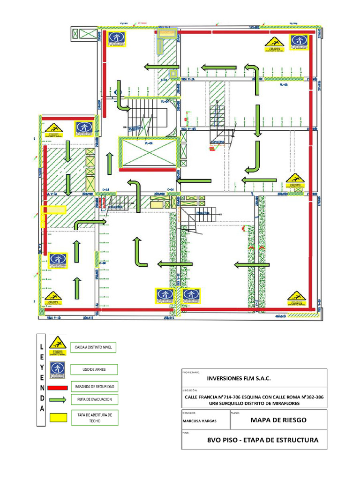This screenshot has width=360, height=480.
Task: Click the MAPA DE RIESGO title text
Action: (x=278, y=420)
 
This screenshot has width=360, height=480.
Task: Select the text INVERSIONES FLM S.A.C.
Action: (x=239, y=378)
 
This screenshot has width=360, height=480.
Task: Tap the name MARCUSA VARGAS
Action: (x=199, y=421)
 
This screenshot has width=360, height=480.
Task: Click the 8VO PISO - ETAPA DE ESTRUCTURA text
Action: (x=262, y=440)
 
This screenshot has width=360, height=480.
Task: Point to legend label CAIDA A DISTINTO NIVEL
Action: (x=92, y=347)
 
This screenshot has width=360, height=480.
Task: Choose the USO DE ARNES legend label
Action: (x=94, y=369)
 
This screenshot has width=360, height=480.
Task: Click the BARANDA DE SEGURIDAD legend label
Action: (x=94, y=387)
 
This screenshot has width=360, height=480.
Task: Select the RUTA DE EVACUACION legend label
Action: (x=94, y=399)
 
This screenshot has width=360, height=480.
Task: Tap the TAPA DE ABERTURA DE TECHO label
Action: (x=94, y=418)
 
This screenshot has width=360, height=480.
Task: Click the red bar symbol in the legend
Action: (x=58, y=387)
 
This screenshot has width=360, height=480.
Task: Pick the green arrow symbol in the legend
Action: (x=58, y=400)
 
